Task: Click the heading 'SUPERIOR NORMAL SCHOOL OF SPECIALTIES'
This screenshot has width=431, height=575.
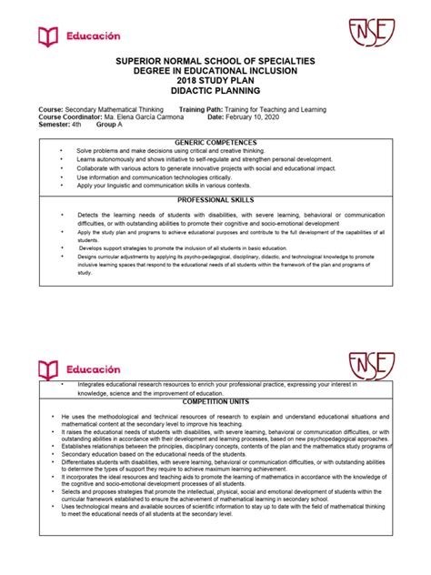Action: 215,61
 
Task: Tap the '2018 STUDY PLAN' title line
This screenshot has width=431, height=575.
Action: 215,82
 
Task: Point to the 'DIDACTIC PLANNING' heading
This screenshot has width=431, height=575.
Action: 215,92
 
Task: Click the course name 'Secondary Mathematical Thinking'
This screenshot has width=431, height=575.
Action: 119,109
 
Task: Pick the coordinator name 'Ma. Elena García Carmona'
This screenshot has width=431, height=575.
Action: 149,116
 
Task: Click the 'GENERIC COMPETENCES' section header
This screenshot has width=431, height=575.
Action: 216,143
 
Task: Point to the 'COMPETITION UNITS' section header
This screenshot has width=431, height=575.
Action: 216,401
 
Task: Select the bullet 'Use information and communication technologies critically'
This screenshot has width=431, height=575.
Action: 160,177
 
